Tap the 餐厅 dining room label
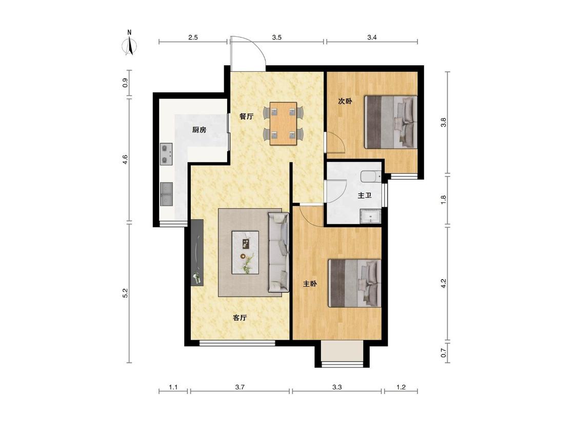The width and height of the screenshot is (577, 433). point(246,117)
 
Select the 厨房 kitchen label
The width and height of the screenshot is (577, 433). point(199,130)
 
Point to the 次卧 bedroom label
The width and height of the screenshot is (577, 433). point(345,101)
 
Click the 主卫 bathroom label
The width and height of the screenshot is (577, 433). point(365,195)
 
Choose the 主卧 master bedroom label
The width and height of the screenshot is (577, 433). point(310,284)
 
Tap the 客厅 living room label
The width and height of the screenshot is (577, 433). point(240,318)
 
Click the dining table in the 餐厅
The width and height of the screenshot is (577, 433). point(283,123)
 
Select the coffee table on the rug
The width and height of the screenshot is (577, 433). point(245,252)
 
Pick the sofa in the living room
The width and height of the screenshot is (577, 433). point(278,252)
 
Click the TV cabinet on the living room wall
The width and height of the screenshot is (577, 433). point(197,252)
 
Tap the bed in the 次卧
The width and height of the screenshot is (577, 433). point(391,122)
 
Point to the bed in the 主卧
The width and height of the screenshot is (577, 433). point(355,283)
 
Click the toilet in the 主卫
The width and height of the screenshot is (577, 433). point(370,176)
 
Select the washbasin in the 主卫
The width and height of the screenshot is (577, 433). point(370,216)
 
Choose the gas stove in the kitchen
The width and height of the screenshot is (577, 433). point(166,154)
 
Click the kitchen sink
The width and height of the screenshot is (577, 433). point(167,193)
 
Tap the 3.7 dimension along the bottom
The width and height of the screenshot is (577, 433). point(240,387)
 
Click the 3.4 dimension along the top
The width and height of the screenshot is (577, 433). point(372,37)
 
